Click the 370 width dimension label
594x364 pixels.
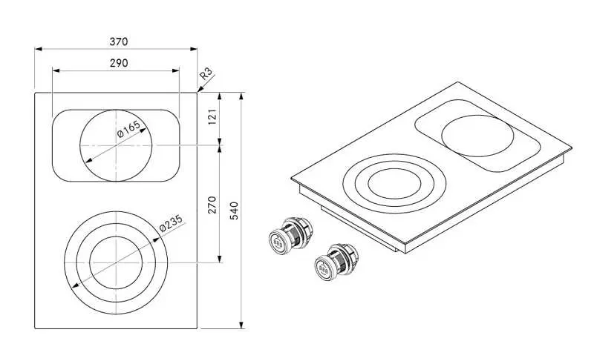pos(119,42)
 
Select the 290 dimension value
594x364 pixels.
pos(119,63)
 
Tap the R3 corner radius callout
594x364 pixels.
pos(206,74)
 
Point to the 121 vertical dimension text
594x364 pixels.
pos(212,116)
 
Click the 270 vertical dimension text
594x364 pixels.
pos(212,205)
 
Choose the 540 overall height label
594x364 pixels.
pos(234,211)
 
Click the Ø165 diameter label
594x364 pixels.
pos(128,129)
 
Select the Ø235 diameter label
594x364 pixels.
pos(171,223)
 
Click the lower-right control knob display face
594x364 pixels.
pos(323,269)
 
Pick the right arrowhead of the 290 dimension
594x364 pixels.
pos(176,70)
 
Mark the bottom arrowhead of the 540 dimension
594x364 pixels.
pos(241,325)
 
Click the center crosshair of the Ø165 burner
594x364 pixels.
pos(116,145)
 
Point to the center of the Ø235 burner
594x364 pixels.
pos(116,262)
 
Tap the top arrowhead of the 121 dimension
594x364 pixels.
pos(219,96)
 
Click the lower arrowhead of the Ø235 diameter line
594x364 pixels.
pos(75,285)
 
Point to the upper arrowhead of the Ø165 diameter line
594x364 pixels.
pos(143,130)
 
